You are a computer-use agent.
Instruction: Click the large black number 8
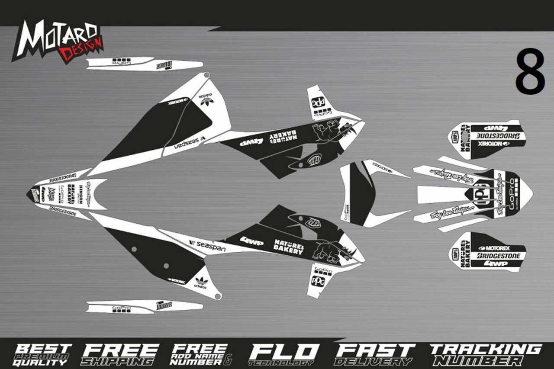(x=529, y=72)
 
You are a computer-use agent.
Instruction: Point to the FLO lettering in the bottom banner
(x=283, y=351)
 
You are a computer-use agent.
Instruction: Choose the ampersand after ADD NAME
(x=229, y=358)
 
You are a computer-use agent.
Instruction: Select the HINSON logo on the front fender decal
(x=81, y=193)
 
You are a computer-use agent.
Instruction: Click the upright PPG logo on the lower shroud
(x=318, y=281)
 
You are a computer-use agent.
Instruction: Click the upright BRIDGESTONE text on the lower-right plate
(x=498, y=256)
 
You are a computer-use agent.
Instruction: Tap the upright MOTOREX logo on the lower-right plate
(x=494, y=248)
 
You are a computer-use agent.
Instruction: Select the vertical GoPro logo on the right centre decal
(x=513, y=197)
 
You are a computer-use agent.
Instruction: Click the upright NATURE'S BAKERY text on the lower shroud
(x=288, y=247)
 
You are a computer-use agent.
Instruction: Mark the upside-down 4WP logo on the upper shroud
(x=252, y=141)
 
